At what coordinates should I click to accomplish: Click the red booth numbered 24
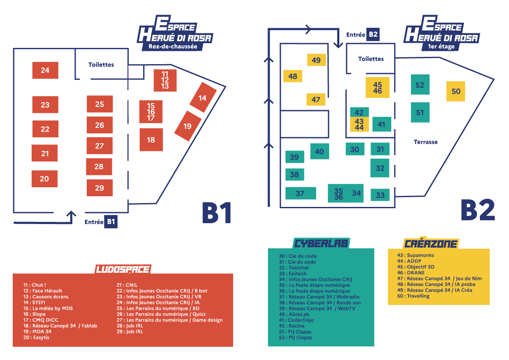coord(45,70)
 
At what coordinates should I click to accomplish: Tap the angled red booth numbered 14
coord(202,98)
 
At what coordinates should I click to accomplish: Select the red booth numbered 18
coord(151,139)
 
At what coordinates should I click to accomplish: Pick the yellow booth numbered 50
coord(456,91)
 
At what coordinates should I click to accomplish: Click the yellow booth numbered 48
coord(293,76)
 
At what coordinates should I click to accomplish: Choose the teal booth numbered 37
coord(300,193)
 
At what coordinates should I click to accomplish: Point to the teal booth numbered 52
coord(420,85)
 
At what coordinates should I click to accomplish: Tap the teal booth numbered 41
coord(381,124)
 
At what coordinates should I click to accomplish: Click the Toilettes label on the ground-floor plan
coord(101,65)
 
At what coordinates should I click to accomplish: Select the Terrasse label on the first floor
coord(426,142)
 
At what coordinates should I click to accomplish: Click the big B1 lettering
coord(217,212)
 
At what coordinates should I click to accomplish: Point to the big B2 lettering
coord(477,210)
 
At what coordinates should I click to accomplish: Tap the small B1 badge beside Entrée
coord(111,221)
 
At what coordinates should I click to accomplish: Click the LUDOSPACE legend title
coord(123,269)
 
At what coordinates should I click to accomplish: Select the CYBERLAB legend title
coord(321,243)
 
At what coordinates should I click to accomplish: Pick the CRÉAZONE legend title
coord(431,244)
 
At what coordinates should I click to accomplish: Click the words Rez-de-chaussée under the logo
coord(173,46)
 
